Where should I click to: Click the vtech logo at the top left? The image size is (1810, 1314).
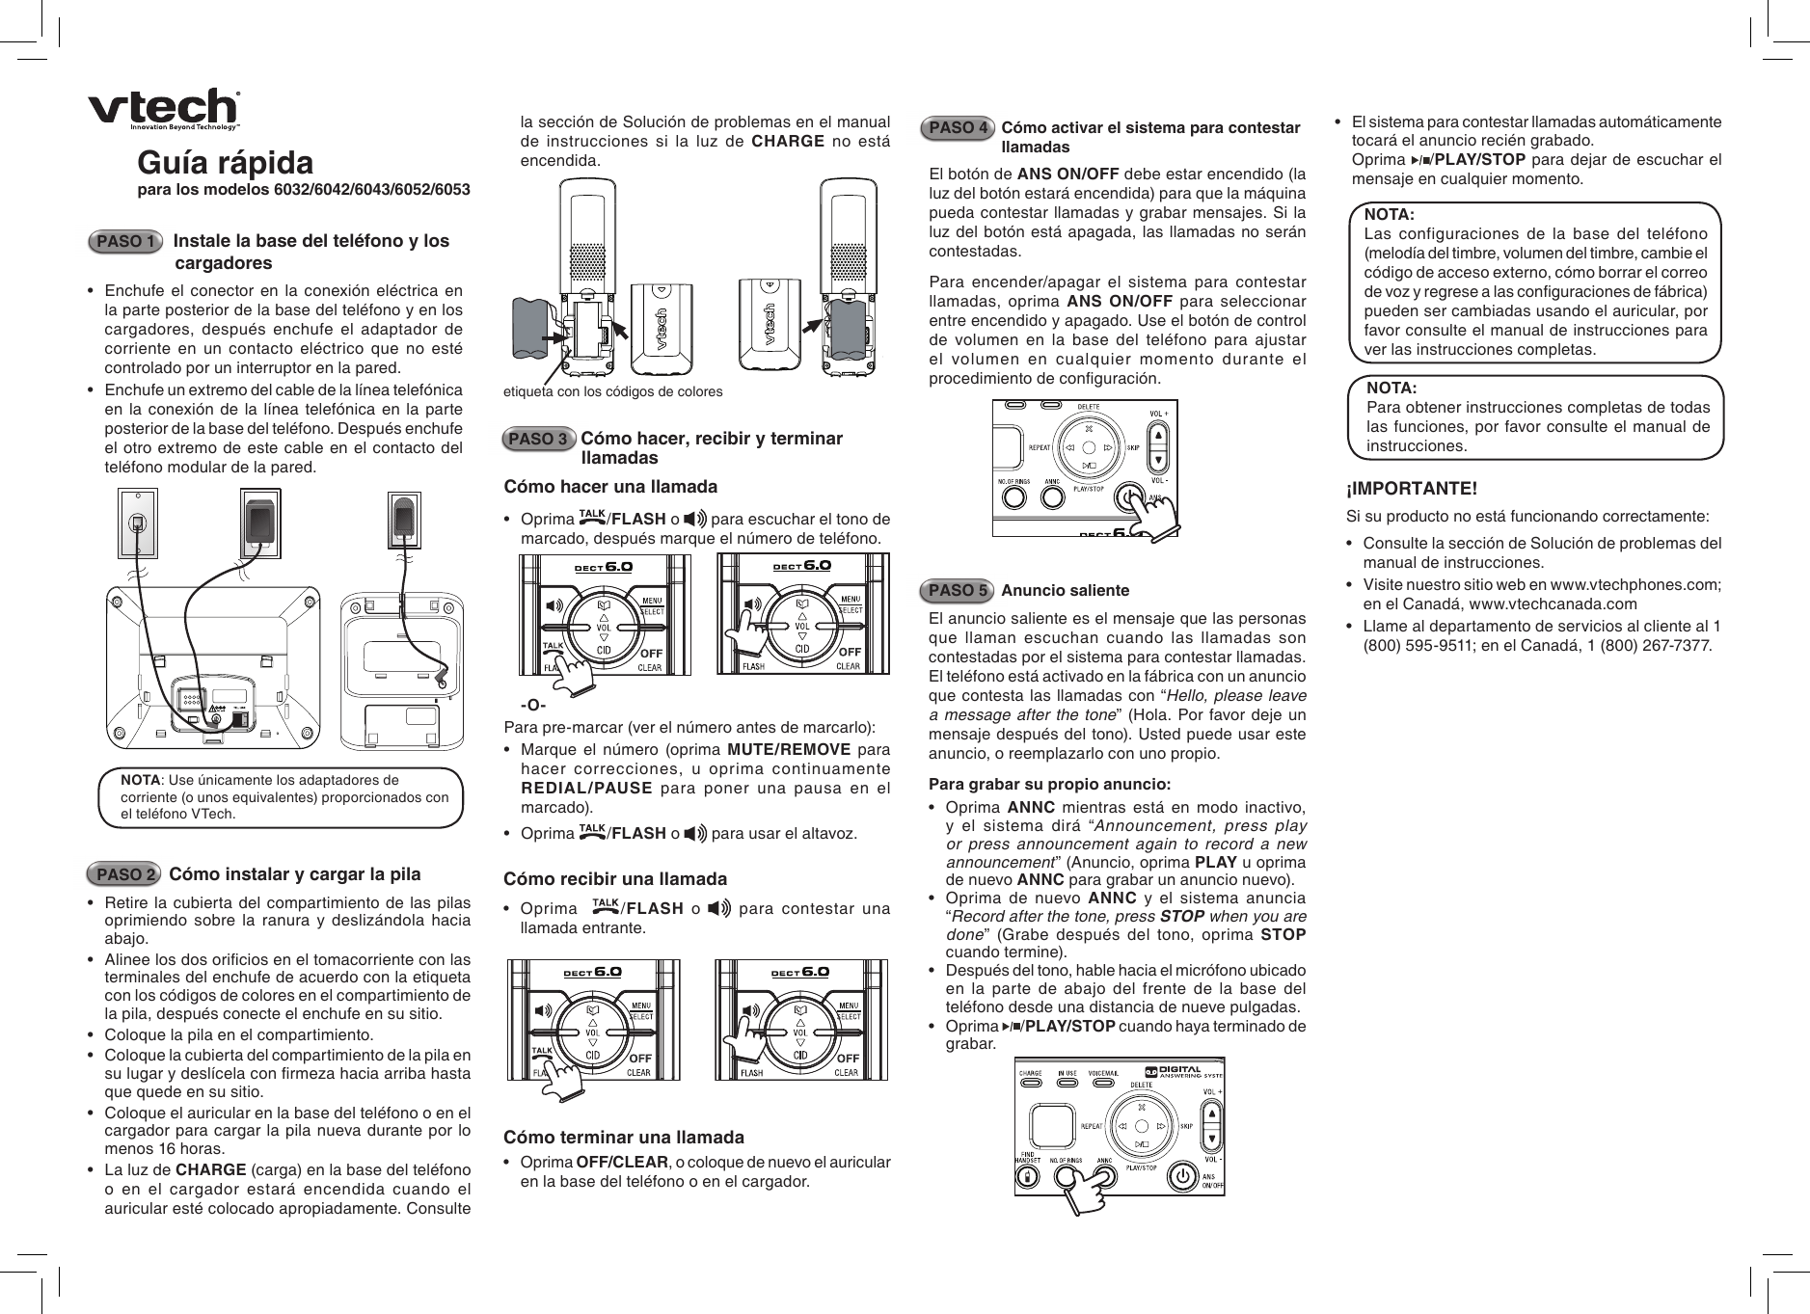tap(164, 108)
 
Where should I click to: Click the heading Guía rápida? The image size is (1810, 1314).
tap(225, 161)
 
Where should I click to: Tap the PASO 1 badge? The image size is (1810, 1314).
tap(124, 241)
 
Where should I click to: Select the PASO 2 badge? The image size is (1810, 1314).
tap(124, 875)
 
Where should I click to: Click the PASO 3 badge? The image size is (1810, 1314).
tap(538, 440)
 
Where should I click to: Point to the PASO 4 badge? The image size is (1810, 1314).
tap(958, 127)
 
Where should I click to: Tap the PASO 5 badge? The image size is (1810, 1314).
tap(958, 590)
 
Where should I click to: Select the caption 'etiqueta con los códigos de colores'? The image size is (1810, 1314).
tap(612, 392)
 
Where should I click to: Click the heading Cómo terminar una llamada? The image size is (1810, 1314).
tap(624, 1138)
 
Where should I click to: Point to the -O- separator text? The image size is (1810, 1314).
tap(533, 706)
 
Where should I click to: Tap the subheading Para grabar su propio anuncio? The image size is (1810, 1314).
tap(1049, 784)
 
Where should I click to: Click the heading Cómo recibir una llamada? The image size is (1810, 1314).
tap(615, 879)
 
